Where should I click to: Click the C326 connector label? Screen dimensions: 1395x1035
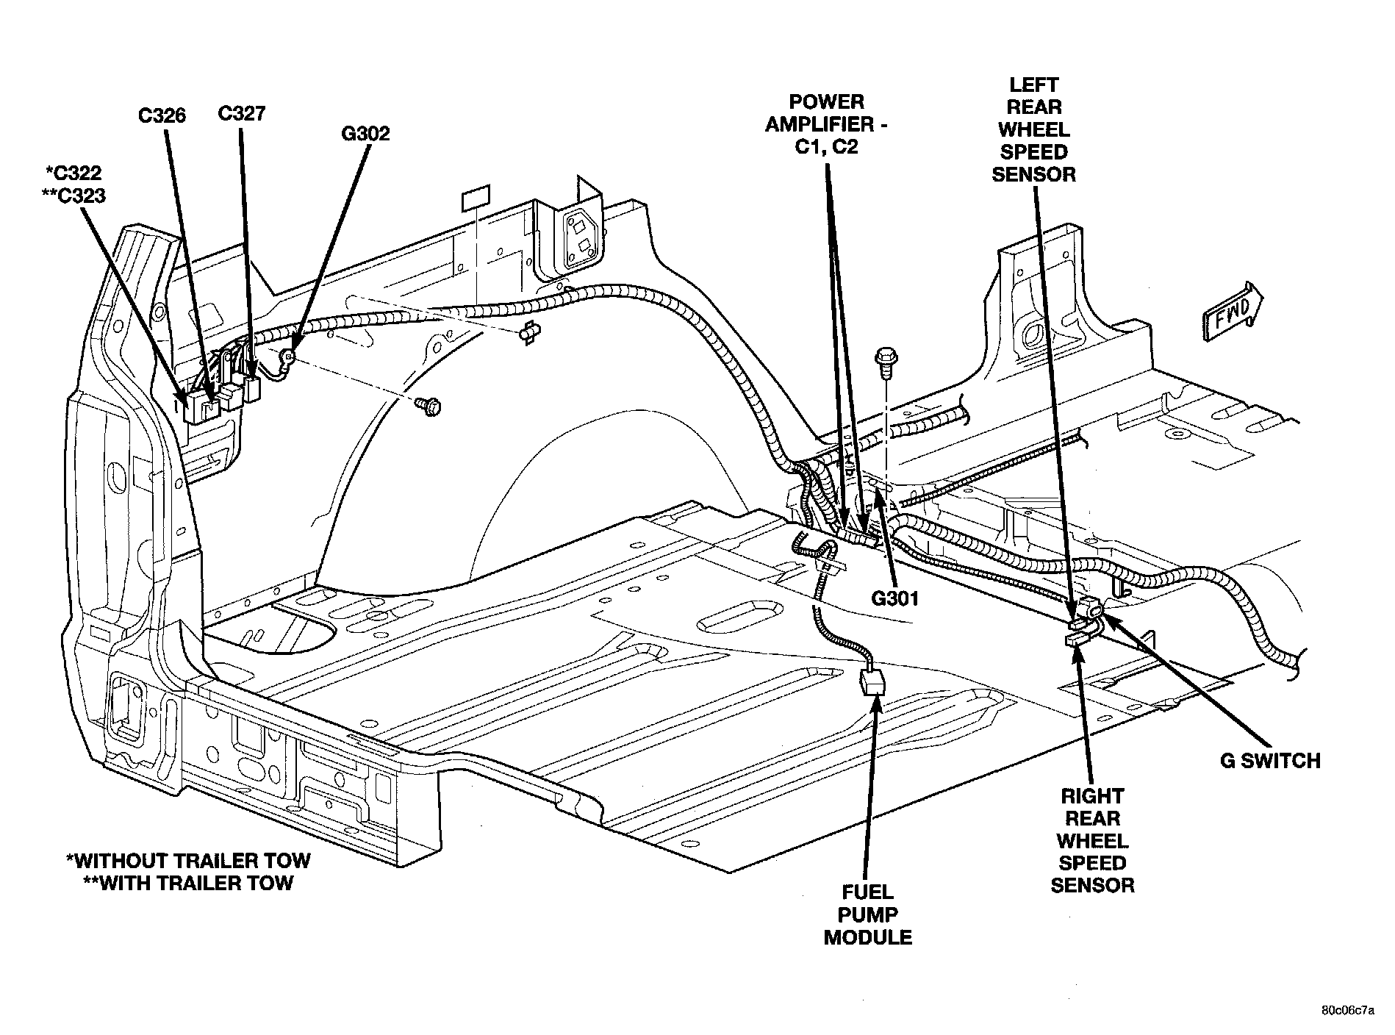[162, 115]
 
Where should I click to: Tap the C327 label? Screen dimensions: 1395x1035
[242, 114]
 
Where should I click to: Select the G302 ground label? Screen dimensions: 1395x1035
[365, 134]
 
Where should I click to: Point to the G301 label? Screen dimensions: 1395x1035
[895, 599]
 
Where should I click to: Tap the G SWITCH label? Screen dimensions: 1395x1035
[1271, 760]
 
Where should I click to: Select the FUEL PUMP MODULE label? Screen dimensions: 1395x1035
[868, 915]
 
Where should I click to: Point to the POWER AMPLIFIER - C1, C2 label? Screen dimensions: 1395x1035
[826, 124]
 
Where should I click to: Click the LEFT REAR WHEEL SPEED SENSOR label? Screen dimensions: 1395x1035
[1033, 129]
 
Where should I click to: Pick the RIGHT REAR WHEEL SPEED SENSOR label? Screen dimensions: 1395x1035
[1092, 840]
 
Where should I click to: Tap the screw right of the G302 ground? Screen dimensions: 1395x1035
[428, 404]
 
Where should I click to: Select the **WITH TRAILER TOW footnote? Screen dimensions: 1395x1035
[189, 882]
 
